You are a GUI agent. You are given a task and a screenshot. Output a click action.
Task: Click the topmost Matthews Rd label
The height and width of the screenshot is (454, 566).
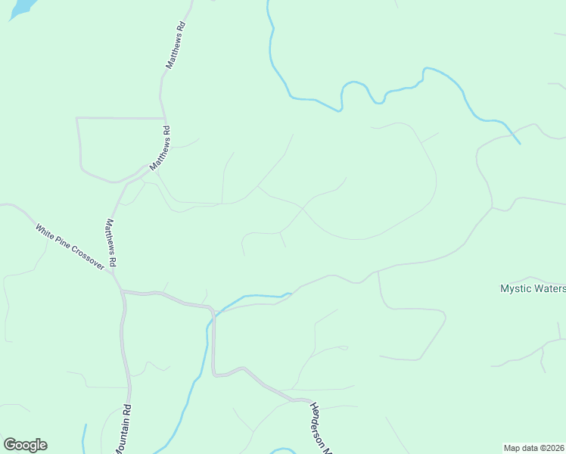(176, 46)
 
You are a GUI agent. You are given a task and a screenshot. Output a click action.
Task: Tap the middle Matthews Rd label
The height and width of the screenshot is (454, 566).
(160, 148)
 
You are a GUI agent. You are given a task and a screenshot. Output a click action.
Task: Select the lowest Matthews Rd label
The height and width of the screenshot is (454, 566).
(110, 242)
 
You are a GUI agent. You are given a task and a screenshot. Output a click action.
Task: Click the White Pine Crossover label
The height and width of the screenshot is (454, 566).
(70, 247)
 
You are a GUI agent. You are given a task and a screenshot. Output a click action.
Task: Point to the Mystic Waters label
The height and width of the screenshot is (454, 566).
(533, 288)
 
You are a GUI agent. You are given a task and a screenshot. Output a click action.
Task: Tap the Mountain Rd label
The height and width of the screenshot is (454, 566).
(123, 428)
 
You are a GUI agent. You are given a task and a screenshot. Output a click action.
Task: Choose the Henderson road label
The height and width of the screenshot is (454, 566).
(320, 428)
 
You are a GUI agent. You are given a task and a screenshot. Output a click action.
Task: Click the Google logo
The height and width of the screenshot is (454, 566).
(25, 445)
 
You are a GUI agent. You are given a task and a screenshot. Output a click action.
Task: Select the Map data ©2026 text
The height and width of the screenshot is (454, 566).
(534, 448)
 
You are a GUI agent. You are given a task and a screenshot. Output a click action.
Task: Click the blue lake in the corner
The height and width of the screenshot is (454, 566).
(21, 8)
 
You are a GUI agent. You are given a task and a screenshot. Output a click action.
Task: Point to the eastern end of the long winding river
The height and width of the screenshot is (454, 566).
(520, 143)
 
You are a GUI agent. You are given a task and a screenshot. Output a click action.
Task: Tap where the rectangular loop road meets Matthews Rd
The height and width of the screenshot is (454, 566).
(165, 119)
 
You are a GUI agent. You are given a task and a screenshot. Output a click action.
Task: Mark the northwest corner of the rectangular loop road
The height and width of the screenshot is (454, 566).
(77, 119)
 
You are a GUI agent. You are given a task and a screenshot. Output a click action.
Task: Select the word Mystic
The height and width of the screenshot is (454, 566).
(515, 288)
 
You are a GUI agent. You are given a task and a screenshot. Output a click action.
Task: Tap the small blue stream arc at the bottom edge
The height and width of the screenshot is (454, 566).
(283, 451)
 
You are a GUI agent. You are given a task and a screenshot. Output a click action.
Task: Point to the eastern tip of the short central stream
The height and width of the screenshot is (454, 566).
(291, 294)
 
